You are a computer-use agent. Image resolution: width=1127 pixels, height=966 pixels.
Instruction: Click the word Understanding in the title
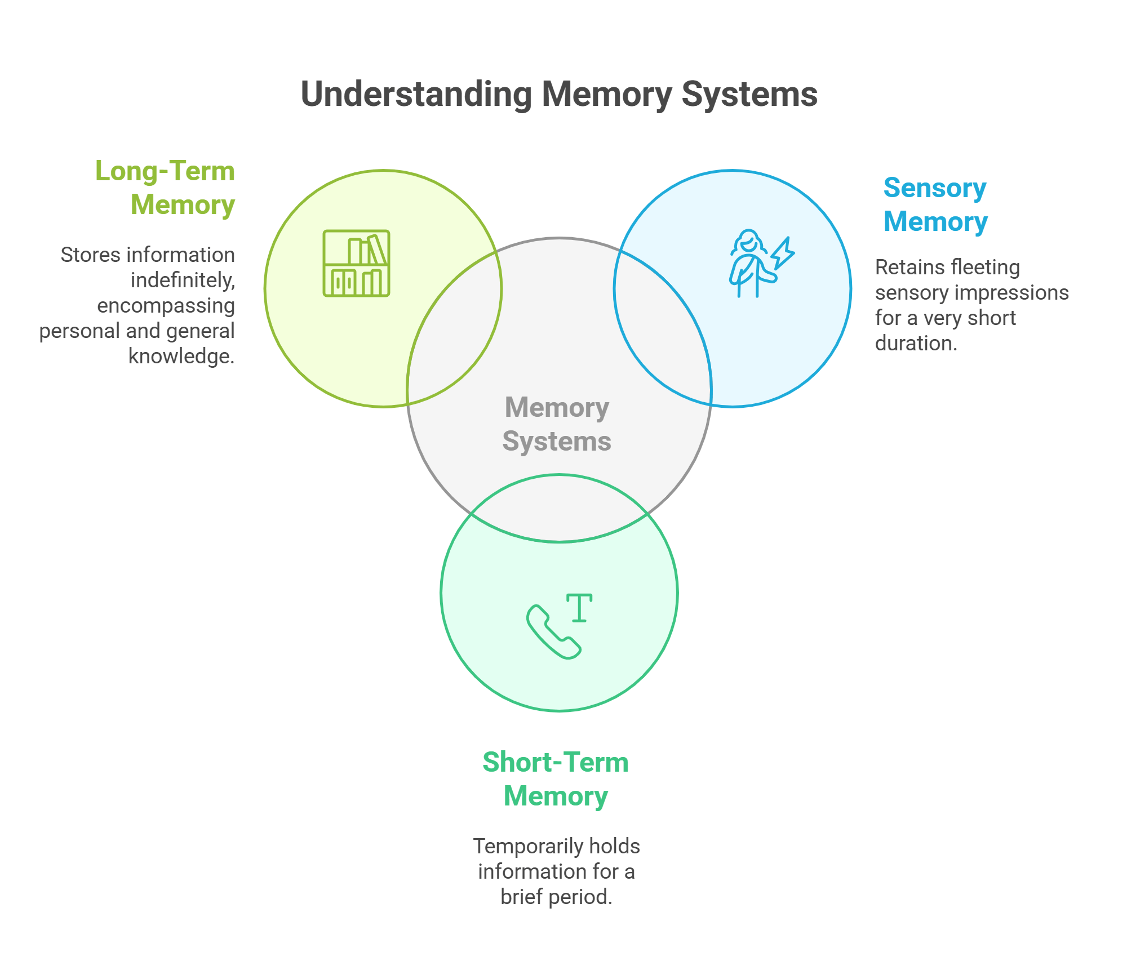[416, 94]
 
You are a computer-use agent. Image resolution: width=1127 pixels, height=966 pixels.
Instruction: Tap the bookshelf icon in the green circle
[356, 263]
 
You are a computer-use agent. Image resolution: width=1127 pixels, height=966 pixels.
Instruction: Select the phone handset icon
[553, 631]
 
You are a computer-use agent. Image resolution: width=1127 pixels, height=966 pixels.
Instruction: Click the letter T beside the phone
[579, 608]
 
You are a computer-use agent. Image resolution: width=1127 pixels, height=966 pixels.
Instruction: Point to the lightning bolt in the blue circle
[783, 253]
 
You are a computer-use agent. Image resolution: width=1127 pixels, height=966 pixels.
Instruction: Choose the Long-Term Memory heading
[165, 188]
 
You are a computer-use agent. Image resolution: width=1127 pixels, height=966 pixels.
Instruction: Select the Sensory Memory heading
[935, 204]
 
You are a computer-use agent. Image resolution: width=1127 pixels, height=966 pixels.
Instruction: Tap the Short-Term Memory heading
[556, 779]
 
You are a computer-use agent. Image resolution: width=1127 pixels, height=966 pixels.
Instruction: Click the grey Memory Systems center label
[557, 424]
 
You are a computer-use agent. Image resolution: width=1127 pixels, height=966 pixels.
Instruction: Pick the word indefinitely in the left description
[183, 280]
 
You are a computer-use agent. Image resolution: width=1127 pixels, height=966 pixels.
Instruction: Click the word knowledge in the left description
[181, 356]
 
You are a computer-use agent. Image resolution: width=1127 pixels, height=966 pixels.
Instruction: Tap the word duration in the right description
[916, 343]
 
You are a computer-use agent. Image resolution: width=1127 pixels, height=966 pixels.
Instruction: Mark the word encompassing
[166, 305]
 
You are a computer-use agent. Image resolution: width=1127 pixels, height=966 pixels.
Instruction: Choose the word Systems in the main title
[749, 94]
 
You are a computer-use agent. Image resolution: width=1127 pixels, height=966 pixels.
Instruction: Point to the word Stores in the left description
[90, 255]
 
